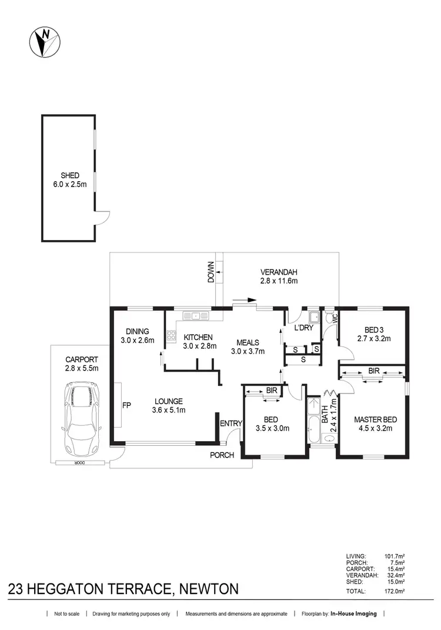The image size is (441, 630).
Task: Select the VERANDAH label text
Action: click(279, 272)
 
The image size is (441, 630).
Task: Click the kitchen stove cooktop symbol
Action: click(172, 336)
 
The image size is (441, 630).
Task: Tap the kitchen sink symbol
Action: click(195, 316)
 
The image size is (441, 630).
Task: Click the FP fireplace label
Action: click(126, 405)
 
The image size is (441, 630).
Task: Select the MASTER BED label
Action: click(375, 419)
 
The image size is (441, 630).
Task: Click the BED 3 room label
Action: click(373, 329)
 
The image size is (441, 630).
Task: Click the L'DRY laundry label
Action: click(303, 328)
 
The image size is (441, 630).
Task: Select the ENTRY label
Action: click(230, 424)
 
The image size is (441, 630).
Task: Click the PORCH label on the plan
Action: click(222, 455)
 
